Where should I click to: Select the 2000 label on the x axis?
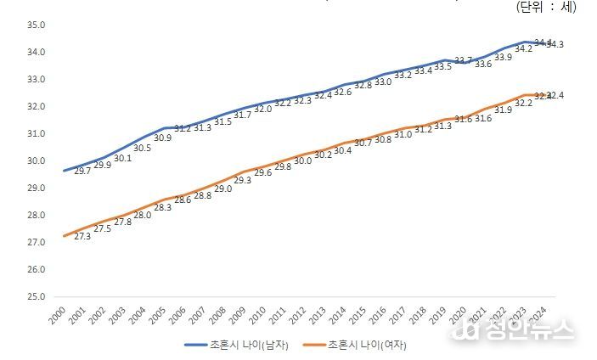[58, 316]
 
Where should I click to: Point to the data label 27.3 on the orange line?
[83, 236]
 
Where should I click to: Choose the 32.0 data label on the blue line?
[262, 109]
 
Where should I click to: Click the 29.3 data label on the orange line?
[242, 180]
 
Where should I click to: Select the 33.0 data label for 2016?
[383, 82]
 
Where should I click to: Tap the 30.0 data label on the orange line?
[302, 160]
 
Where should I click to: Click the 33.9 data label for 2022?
[504, 57]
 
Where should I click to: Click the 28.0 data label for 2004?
[142, 215]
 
